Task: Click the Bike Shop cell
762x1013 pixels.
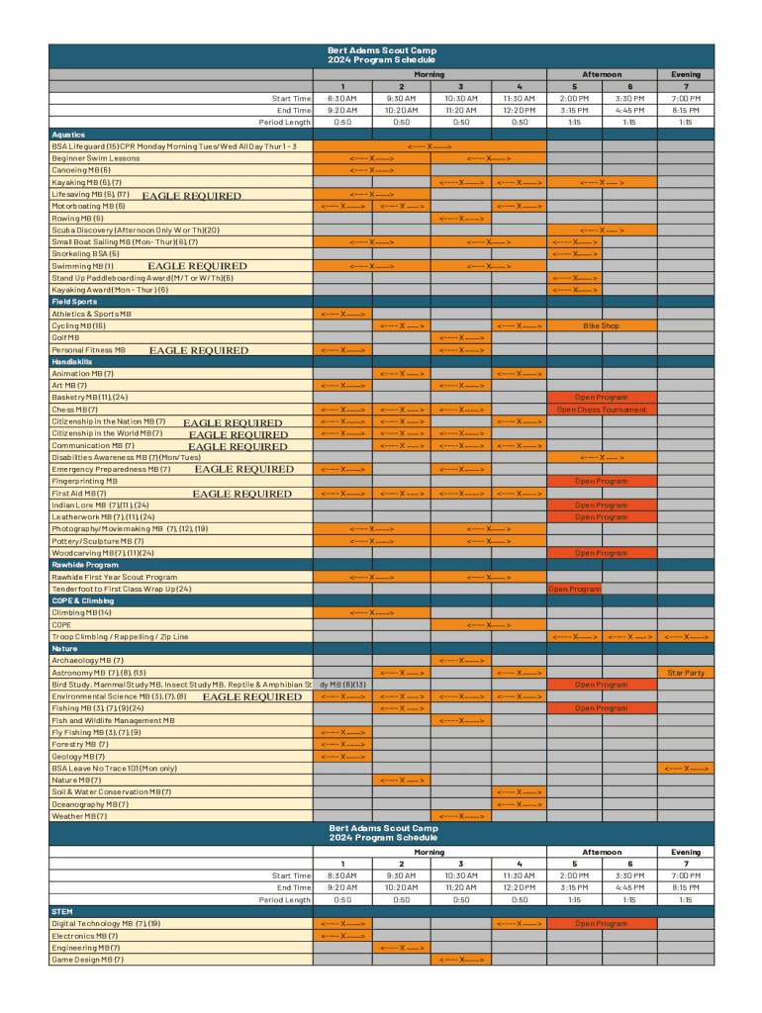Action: (601, 325)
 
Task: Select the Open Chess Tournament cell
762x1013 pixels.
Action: (601, 410)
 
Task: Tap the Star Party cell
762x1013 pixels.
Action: (686, 673)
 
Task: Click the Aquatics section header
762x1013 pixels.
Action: (68, 135)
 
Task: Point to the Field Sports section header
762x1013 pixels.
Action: (74, 302)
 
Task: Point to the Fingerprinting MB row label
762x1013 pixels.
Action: (84, 481)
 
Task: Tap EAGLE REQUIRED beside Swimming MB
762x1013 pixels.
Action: (197, 266)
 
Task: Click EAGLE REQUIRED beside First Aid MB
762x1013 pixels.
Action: (241, 494)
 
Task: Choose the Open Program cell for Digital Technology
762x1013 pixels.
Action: (601, 924)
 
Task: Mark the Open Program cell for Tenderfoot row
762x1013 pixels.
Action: (574, 589)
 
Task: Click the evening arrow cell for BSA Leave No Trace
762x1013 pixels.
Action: (686, 768)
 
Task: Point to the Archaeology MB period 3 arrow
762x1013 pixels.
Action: (461, 661)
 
